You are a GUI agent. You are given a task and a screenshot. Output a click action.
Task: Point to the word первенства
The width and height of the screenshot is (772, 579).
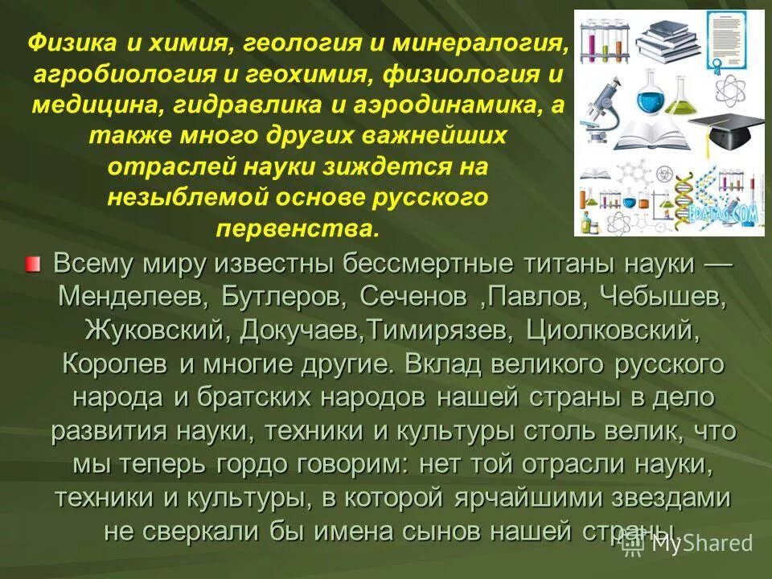pos(298,229)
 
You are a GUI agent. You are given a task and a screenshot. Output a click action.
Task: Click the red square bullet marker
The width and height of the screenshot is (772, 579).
pos(31,265)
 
